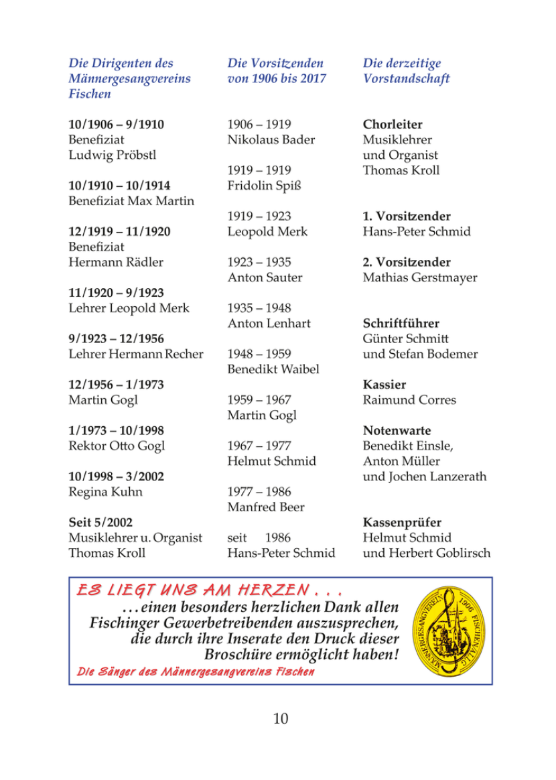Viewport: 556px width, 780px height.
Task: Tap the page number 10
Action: [x=279, y=718]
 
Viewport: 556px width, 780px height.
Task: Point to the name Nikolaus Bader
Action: [x=271, y=140]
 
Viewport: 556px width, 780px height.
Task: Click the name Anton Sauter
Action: [x=265, y=277]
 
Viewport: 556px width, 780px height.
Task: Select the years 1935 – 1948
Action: [x=259, y=308]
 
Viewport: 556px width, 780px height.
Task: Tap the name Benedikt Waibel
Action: [x=273, y=369]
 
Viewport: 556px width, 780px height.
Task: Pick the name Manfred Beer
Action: [x=265, y=507]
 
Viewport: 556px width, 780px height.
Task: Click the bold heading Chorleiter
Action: [x=393, y=125]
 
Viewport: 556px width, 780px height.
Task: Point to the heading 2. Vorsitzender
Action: [x=407, y=262]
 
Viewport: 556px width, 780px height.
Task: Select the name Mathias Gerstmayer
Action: [x=419, y=277]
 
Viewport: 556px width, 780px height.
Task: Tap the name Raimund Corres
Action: [x=409, y=400]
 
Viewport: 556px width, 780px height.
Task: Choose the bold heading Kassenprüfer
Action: [x=402, y=522]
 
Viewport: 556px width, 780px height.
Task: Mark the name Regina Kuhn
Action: [x=106, y=492]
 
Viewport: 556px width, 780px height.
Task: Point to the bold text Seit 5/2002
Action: [x=98, y=522]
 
